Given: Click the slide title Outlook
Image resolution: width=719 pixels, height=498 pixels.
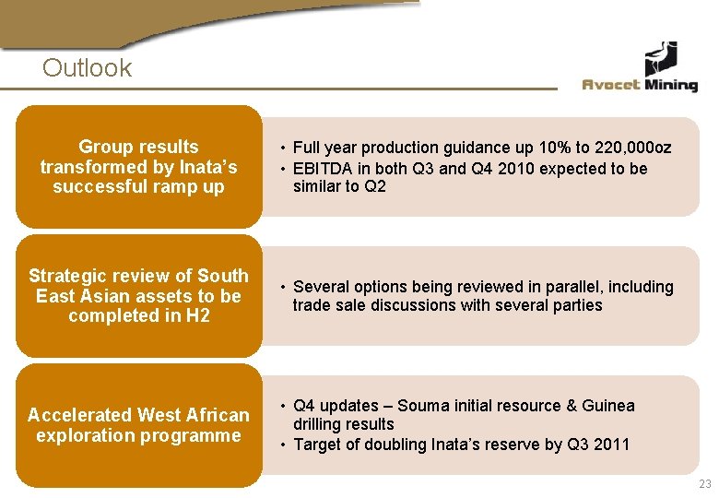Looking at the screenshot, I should coord(87,67).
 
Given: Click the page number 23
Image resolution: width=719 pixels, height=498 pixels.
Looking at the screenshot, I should coord(705,484).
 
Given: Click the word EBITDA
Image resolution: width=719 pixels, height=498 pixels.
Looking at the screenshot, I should coord(324,169).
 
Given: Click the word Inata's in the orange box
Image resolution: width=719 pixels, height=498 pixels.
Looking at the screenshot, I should coord(207,167).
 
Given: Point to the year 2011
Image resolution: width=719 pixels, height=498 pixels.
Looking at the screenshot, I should coord(612,445).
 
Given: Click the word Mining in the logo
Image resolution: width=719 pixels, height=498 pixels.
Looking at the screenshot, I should coord(671,85).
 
